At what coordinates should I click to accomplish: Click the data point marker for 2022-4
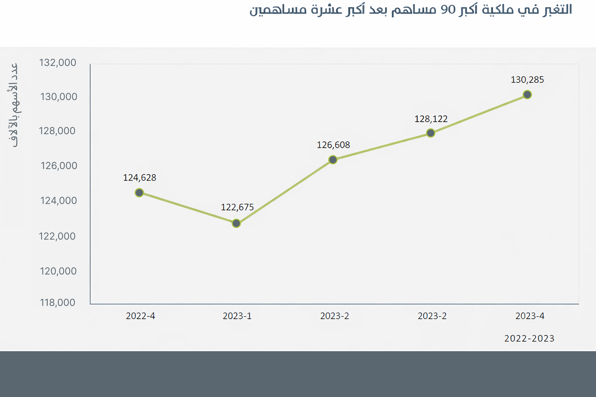(139, 193)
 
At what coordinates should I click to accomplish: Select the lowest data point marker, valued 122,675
(236, 223)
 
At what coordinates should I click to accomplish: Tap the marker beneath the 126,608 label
(333, 160)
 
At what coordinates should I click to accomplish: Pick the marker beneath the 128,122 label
(431, 133)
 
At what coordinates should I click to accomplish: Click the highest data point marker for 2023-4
(527, 95)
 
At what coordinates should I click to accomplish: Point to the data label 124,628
(139, 178)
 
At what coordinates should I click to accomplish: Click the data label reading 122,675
(237, 207)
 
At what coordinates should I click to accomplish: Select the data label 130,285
(527, 80)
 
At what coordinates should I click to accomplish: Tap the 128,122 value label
(431, 119)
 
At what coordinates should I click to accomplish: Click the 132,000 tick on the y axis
(57, 63)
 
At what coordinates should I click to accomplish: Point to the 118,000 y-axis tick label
(57, 303)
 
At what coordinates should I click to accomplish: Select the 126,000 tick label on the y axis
(59, 166)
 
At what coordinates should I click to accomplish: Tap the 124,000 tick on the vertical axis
(58, 201)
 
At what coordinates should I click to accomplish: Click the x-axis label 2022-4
(140, 316)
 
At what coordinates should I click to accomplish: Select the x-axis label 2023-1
(237, 316)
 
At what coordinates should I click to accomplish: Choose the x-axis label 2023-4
(530, 316)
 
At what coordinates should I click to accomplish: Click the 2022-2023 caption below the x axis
(529, 339)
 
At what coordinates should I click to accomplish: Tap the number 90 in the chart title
(448, 10)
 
